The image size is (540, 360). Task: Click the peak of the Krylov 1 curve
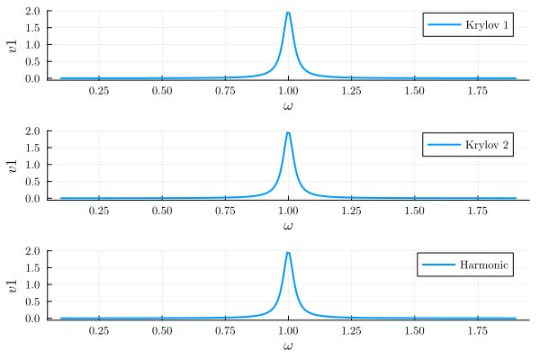288,13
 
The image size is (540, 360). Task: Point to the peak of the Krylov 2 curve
288,132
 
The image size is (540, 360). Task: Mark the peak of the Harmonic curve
288,252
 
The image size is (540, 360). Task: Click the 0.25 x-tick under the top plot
99,91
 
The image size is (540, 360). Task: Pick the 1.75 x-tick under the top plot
477,91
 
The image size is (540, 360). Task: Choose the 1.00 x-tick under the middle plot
288,211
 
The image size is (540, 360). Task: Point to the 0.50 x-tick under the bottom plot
162,330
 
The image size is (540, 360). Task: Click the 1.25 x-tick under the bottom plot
351,330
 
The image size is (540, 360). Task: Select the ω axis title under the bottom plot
288,346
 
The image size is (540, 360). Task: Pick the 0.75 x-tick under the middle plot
225,211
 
